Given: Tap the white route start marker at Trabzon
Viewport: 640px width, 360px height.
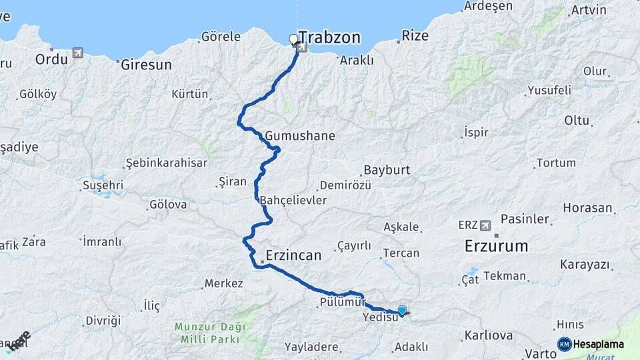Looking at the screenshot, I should [x=293, y=39].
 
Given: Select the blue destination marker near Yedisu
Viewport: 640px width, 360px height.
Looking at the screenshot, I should [x=402, y=309].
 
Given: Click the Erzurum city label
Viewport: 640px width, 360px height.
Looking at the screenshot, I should [x=496, y=246].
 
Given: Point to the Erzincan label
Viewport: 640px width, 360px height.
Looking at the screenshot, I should [x=293, y=255].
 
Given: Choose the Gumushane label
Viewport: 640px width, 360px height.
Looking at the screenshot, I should [x=299, y=136].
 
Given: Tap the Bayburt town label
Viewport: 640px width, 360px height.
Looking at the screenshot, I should [x=387, y=170].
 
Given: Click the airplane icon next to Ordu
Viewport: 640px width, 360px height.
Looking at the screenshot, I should [x=79, y=53].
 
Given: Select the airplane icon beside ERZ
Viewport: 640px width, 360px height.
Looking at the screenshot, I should [x=485, y=225].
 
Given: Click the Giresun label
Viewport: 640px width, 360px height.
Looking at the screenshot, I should [x=146, y=65].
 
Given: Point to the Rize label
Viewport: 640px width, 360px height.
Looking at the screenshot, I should [x=415, y=36].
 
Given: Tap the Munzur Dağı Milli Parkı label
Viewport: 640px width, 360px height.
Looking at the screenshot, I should [x=210, y=333].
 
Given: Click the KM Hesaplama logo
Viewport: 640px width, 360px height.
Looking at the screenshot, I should [x=591, y=344].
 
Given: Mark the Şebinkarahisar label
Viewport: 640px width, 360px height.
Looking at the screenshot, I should [x=166, y=163].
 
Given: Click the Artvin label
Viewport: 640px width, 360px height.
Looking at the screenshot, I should [x=589, y=10].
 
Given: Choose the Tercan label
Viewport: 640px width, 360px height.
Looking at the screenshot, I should [x=401, y=253].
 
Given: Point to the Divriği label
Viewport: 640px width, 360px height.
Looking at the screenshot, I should [x=102, y=321].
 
